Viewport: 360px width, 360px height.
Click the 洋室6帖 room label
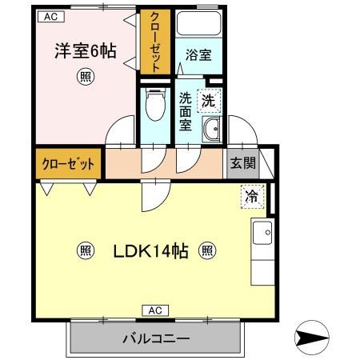[85, 52]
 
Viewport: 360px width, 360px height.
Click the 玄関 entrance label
[243, 164]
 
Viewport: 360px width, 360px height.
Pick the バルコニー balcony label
[155, 338]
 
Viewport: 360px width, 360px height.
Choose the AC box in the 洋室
[50, 16]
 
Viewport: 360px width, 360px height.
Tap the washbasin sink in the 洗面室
[213, 130]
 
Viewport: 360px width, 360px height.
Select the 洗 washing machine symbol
[208, 102]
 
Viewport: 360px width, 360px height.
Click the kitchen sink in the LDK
[262, 234]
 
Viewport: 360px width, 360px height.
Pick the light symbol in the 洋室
[84, 78]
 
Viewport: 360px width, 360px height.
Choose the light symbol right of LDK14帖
[206, 251]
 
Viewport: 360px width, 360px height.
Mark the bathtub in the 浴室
[198, 26]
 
